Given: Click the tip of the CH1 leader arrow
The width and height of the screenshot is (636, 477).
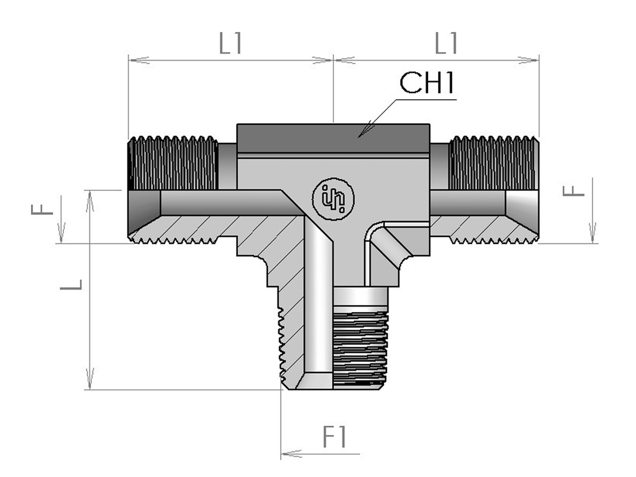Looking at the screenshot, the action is [358, 137].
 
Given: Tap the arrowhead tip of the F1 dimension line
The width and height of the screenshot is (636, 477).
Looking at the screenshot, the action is [281, 454].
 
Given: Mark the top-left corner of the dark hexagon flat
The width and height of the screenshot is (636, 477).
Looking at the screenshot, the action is [237, 124].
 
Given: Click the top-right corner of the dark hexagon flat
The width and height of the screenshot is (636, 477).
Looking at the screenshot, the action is [430, 124].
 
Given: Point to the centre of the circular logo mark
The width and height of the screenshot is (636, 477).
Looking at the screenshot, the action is [333, 199].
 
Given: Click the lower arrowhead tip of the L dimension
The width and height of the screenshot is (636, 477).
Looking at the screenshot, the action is [90, 389].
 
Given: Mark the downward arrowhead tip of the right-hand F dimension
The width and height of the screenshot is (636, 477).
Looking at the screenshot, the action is [593, 243].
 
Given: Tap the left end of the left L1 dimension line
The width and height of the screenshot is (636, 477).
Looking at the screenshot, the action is [129, 60].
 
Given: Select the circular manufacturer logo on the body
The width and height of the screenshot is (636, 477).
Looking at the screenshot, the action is [333, 199].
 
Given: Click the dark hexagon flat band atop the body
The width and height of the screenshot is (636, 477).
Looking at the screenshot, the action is [333, 138].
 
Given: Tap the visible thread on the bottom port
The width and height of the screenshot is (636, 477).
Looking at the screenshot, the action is [361, 350].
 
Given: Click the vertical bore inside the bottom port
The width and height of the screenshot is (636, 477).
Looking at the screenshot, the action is [318, 301].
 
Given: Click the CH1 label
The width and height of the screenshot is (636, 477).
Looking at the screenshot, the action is [427, 83].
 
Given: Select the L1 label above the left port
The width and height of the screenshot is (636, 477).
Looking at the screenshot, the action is [230, 43].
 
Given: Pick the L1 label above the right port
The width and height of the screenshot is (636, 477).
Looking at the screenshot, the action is [446, 43].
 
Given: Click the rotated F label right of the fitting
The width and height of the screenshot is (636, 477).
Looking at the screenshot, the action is [574, 192].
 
